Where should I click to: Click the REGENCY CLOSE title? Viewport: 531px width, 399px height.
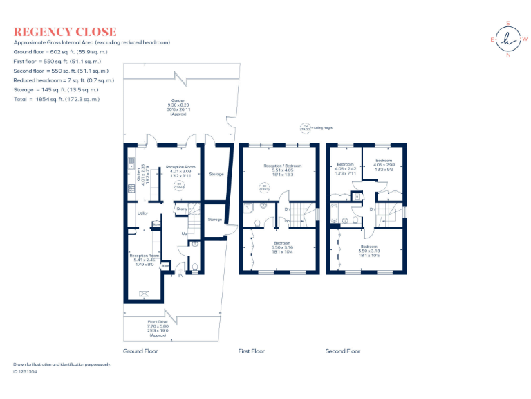point(65,32)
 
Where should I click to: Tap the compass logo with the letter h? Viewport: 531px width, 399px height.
point(509,39)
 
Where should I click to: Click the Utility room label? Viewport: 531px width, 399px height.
point(143,213)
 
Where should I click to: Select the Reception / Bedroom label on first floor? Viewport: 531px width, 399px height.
point(282,170)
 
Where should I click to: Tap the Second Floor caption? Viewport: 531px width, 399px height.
point(343,351)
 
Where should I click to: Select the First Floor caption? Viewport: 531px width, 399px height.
point(252,351)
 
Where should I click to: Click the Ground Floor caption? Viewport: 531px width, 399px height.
point(140,351)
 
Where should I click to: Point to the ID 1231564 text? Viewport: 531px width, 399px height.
point(26,372)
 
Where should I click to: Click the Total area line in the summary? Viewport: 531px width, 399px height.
point(57,99)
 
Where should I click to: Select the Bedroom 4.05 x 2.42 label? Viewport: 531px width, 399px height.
point(345,169)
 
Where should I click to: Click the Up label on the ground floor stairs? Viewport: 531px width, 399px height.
point(185,233)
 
